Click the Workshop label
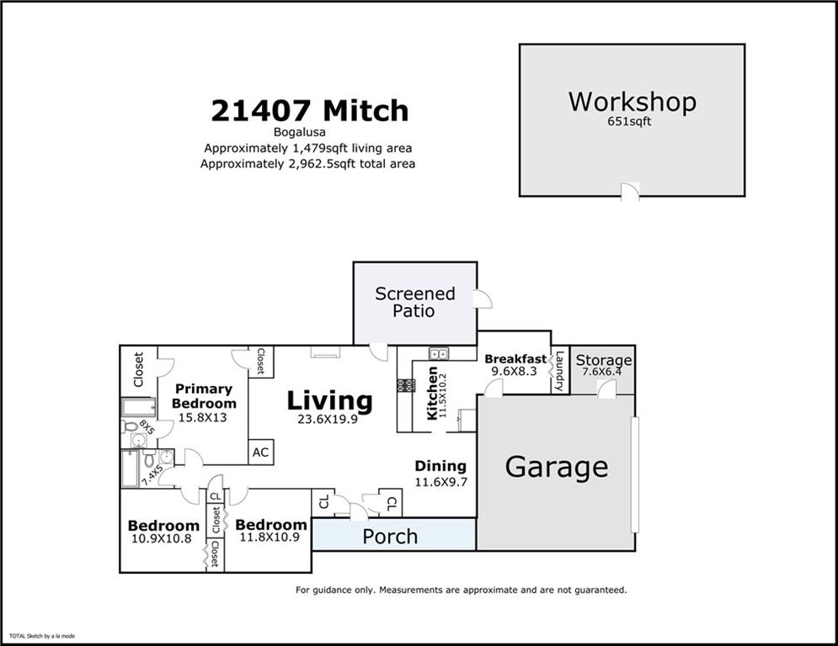coord(632,102)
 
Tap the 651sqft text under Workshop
coord(631,121)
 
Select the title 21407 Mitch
coord(309,110)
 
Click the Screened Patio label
coord(414,302)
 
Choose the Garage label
coord(556,466)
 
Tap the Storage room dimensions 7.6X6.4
coord(603,374)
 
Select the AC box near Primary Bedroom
coord(260,452)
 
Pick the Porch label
coord(390,536)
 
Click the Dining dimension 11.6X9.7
coord(440,482)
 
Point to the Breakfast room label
coord(515,358)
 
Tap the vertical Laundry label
coord(558,371)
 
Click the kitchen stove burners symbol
coord(406,385)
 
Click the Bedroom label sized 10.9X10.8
coord(164,526)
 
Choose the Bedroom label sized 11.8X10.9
coord(270,525)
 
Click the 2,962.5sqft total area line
coord(307,164)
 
